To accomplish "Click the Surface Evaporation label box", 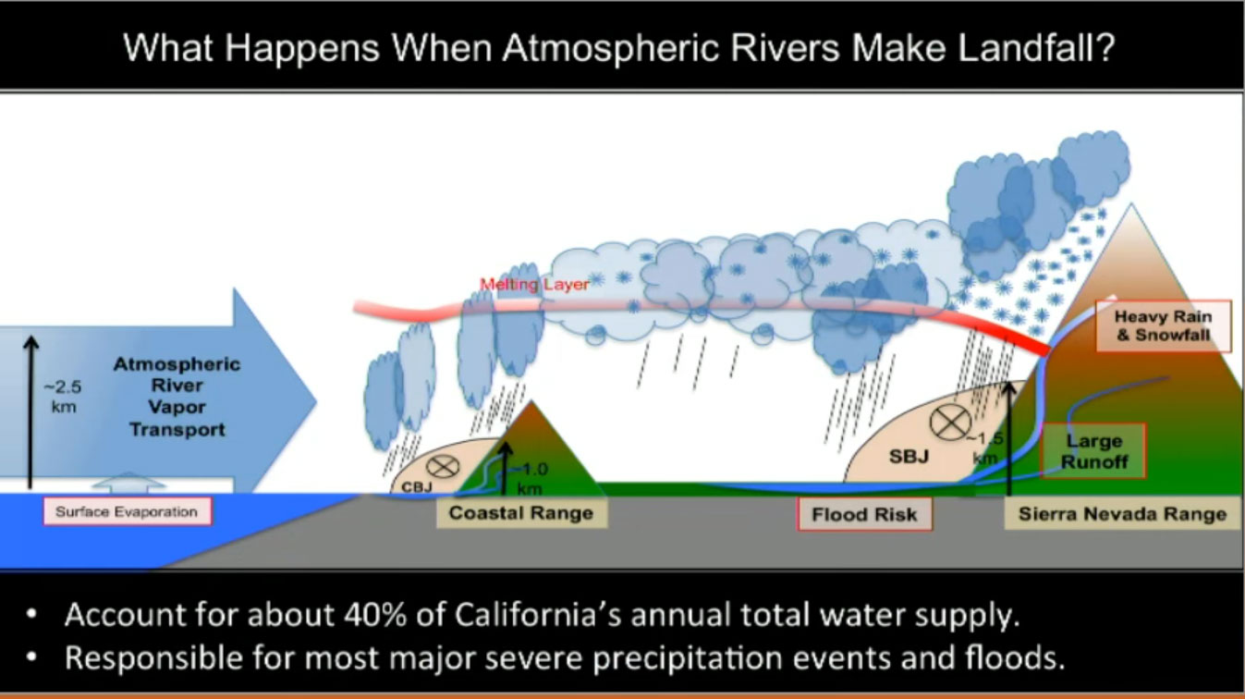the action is click(x=128, y=511).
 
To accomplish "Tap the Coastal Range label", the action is click(x=521, y=513).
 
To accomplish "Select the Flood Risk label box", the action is click(x=864, y=514).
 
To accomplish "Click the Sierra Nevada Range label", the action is click(x=1122, y=514).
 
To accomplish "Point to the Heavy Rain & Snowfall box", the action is click(x=1164, y=325).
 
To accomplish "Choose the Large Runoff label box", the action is click(x=1093, y=451).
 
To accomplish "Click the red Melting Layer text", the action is click(x=534, y=285).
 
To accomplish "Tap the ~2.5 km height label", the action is click(x=63, y=397).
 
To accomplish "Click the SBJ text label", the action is click(x=909, y=457).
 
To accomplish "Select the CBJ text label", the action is click(x=417, y=487).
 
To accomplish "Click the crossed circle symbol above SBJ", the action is click(x=950, y=423).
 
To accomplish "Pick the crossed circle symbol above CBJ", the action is click(x=443, y=466).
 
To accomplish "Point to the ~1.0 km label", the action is click(x=531, y=479).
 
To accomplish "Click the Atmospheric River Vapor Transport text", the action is click(x=177, y=397).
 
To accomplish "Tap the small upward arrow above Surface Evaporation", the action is click(x=129, y=483).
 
